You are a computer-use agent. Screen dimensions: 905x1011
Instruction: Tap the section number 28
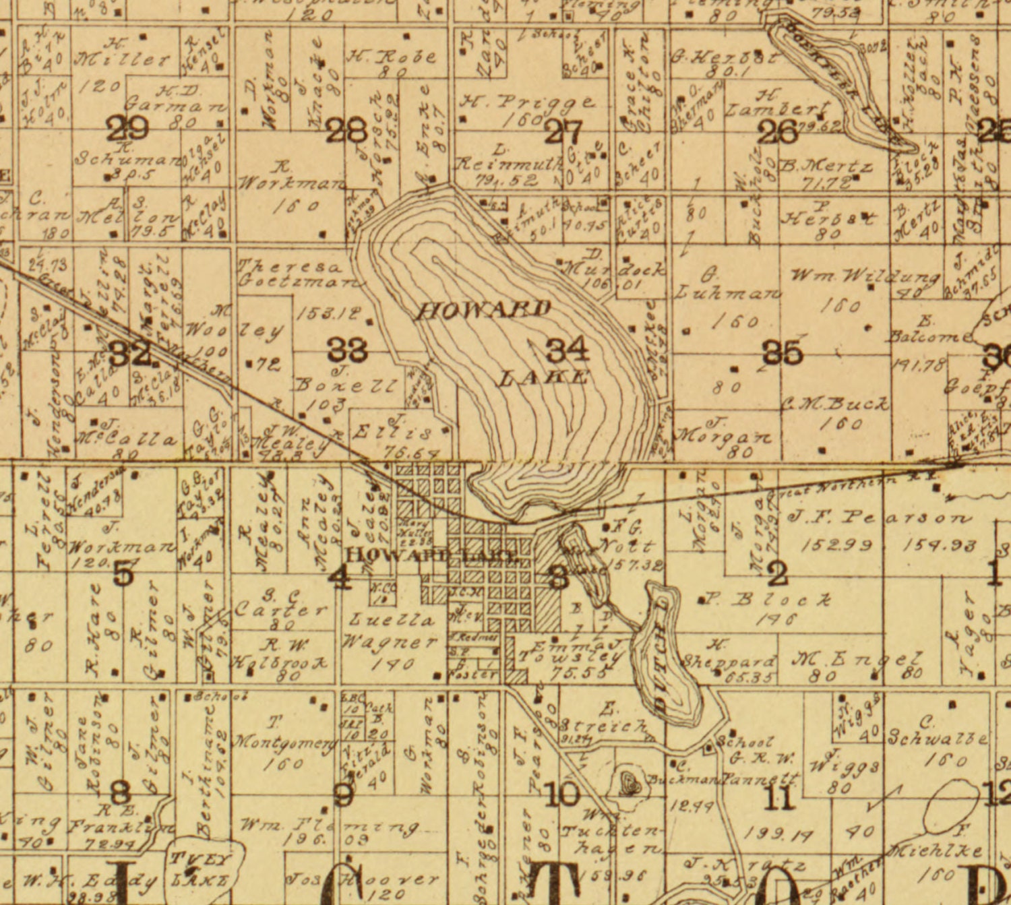(x=346, y=129)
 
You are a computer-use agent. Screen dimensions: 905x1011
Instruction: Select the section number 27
(x=563, y=131)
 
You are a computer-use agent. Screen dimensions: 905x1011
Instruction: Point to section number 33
(x=347, y=349)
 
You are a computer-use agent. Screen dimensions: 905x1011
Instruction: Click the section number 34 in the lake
(x=567, y=349)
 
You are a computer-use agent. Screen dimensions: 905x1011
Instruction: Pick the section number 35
(x=783, y=352)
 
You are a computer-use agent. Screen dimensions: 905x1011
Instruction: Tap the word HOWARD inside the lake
(x=484, y=310)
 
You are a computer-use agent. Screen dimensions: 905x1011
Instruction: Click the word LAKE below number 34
(x=543, y=377)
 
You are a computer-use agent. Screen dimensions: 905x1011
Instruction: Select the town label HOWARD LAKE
(x=432, y=556)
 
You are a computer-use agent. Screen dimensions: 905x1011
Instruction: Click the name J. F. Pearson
(x=880, y=518)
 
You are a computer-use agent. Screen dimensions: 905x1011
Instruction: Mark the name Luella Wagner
(x=391, y=630)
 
